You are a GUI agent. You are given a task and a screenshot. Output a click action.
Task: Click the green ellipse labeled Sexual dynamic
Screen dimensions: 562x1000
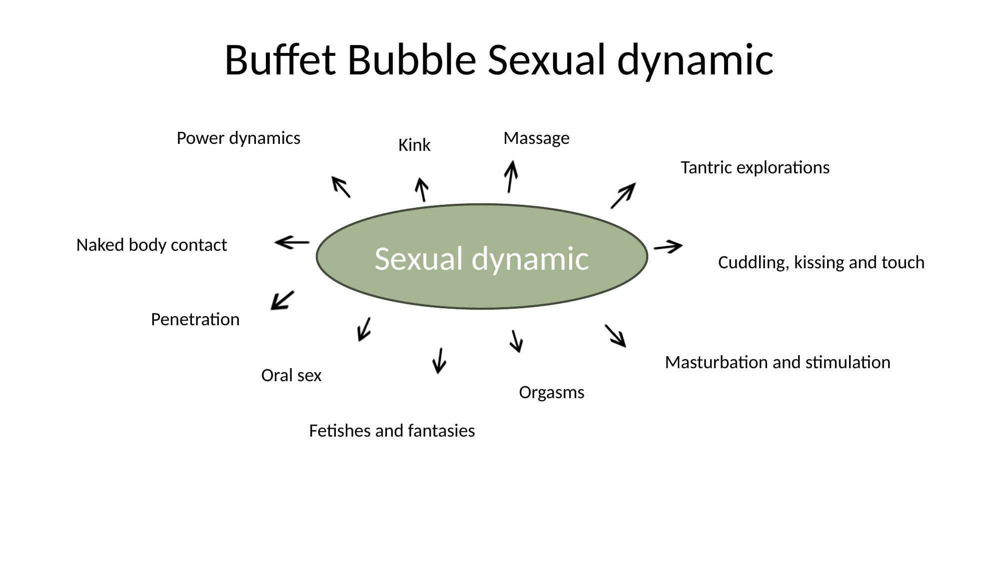482,257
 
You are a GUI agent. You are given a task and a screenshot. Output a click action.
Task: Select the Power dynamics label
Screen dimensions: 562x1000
238,138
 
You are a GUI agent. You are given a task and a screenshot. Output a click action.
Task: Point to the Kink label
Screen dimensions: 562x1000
414,145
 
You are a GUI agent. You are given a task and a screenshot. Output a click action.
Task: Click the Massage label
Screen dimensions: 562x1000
536,138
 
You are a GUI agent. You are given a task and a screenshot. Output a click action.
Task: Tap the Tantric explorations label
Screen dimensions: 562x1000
755,167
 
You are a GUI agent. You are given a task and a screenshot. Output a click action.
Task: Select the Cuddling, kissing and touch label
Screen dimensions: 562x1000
821,262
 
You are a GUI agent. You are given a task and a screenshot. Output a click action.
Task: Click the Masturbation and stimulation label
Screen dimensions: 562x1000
777,362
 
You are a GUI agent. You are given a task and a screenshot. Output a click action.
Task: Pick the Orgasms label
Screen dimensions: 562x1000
551,393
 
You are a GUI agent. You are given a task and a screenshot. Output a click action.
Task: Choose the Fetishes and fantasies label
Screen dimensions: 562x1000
392,431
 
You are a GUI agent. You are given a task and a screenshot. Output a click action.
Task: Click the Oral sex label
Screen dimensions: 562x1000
291,375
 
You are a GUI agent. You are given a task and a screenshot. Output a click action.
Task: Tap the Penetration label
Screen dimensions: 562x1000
195,319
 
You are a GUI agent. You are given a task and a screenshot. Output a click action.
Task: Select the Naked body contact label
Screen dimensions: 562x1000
151,245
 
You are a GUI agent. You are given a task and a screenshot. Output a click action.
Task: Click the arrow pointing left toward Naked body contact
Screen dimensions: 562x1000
292,243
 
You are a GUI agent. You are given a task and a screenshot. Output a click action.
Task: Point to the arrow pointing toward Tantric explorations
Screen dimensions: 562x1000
623,195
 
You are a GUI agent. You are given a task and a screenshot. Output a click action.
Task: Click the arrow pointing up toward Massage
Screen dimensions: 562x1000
510,176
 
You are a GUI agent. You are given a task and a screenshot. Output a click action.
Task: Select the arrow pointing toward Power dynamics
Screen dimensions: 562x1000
341,187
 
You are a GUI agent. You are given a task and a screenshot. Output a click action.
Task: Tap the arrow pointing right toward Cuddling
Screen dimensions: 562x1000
668,247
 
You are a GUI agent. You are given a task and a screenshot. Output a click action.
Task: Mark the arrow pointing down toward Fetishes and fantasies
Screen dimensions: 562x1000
439,361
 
